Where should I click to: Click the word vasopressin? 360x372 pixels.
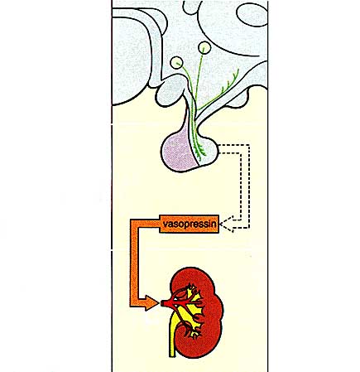point(190,224)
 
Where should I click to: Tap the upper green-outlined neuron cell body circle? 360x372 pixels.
point(204,47)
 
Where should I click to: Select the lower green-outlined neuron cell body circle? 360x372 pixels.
point(176,63)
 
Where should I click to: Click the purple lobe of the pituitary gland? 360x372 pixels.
point(178,152)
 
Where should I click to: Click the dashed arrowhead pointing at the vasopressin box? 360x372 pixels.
point(227,224)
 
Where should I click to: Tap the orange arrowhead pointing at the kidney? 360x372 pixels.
point(152,303)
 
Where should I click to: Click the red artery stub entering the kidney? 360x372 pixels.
point(165,303)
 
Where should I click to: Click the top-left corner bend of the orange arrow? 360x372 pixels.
point(134,224)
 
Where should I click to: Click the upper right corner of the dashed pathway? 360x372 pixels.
point(249,144)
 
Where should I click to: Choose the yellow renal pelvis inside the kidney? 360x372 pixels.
point(190,307)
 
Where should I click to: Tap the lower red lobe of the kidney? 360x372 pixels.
point(199,345)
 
